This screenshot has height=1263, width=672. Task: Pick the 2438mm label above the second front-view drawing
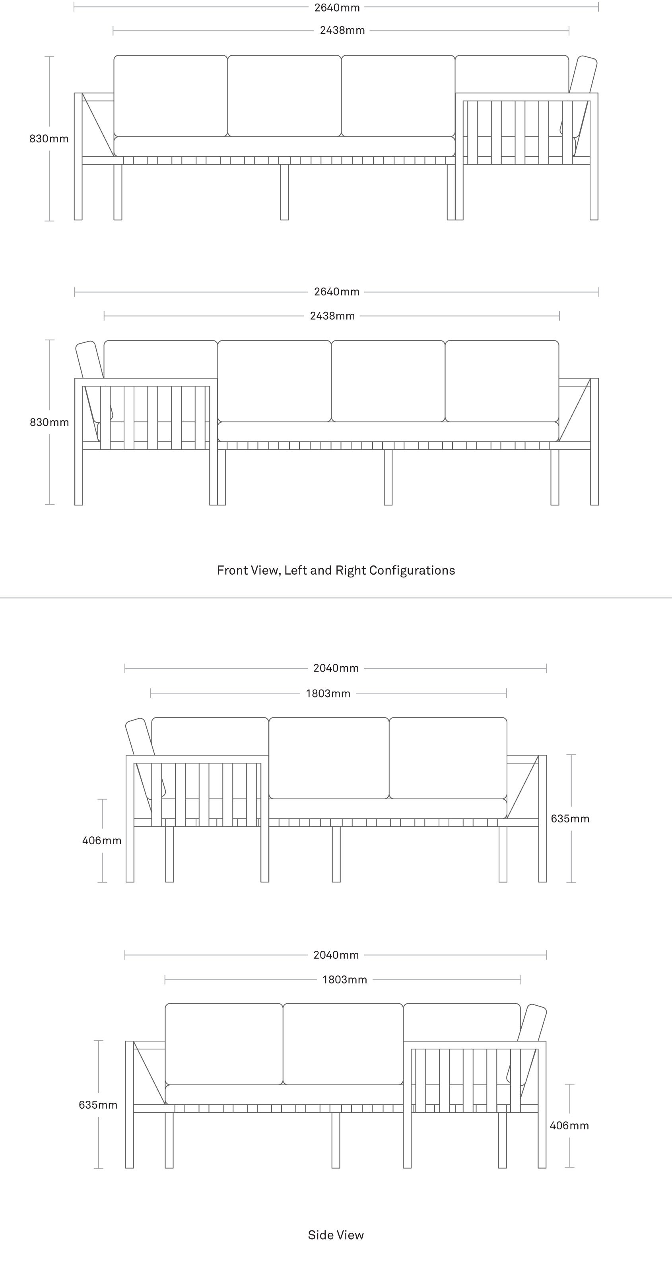[332, 316]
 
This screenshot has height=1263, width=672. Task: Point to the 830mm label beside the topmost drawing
[49, 139]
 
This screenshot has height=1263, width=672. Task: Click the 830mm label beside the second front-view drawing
[50, 423]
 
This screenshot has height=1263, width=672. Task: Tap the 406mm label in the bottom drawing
[569, 1126]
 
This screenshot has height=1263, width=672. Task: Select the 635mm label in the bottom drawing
[98, 1105]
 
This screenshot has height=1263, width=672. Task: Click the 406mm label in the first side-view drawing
[102, 841]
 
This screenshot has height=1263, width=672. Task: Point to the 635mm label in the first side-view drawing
[570, 819]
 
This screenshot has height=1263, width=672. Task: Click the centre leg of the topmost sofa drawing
[284, 192]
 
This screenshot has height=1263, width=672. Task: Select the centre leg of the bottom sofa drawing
[336, 1141]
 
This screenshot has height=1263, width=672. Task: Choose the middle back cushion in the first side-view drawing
[329, 758]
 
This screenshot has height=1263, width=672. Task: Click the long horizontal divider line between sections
[336, 598]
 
